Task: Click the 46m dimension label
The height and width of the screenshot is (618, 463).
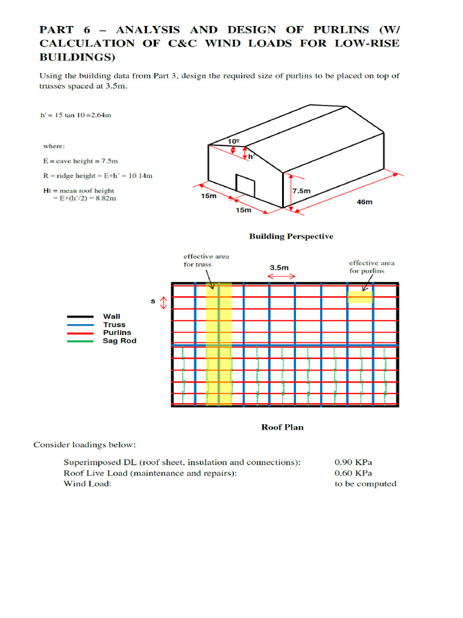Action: (365, 202)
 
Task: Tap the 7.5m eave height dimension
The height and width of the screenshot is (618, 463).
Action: (301, 191)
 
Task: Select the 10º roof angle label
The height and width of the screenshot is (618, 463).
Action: (233, 141)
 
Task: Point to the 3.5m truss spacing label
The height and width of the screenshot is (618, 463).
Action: (279, 267)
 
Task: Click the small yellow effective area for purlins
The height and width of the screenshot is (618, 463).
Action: (360, 296)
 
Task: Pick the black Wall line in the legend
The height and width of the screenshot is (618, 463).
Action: (80, 316)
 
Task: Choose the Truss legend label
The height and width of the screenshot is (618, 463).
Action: (114, 325)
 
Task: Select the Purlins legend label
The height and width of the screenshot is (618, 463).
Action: (117, 333)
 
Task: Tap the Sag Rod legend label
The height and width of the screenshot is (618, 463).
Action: (119, 341)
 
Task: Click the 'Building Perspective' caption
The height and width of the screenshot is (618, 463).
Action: (291, 237)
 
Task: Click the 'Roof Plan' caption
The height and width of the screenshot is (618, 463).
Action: (282, 427)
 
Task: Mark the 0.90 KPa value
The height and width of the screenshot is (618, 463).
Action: (354, 462)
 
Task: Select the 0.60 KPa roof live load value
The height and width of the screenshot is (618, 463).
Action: (354, 473)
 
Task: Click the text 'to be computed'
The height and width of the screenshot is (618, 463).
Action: (366, 484)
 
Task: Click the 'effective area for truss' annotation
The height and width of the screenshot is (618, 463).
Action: (206, 261)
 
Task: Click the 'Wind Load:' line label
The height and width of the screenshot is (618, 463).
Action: (87, 484)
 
